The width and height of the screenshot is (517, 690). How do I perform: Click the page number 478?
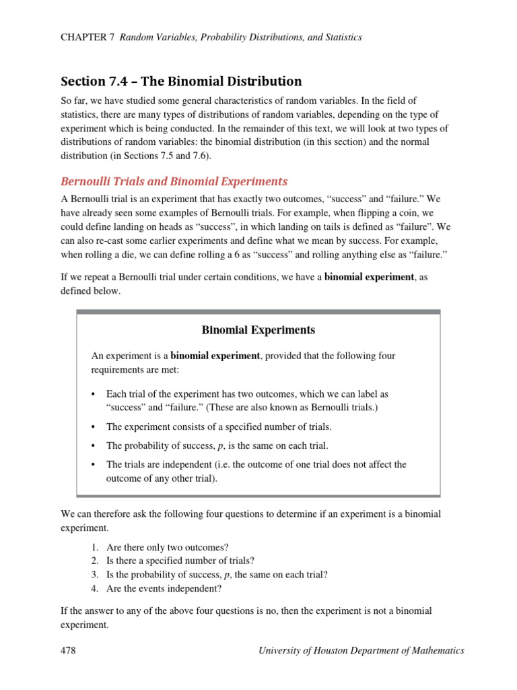[68, 650]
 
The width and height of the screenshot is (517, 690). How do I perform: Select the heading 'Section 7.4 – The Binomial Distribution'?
[181, 82]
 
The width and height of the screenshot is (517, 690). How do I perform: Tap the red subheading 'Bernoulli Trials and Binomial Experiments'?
[174, 181]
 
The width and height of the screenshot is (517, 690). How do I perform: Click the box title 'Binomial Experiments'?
[258, 330]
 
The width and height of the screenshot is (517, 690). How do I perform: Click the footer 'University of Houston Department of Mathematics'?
[361, 650]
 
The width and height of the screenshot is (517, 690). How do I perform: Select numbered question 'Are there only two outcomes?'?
[162, 547]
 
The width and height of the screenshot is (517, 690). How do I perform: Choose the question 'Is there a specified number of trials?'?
[180, 561]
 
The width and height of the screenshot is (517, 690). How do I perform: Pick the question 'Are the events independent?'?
[164, 588]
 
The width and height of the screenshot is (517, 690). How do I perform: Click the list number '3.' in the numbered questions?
[95, 574]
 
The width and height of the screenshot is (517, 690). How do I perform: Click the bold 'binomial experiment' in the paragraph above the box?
[369, 277]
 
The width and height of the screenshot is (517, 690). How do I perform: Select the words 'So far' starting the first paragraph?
[73, 100]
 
